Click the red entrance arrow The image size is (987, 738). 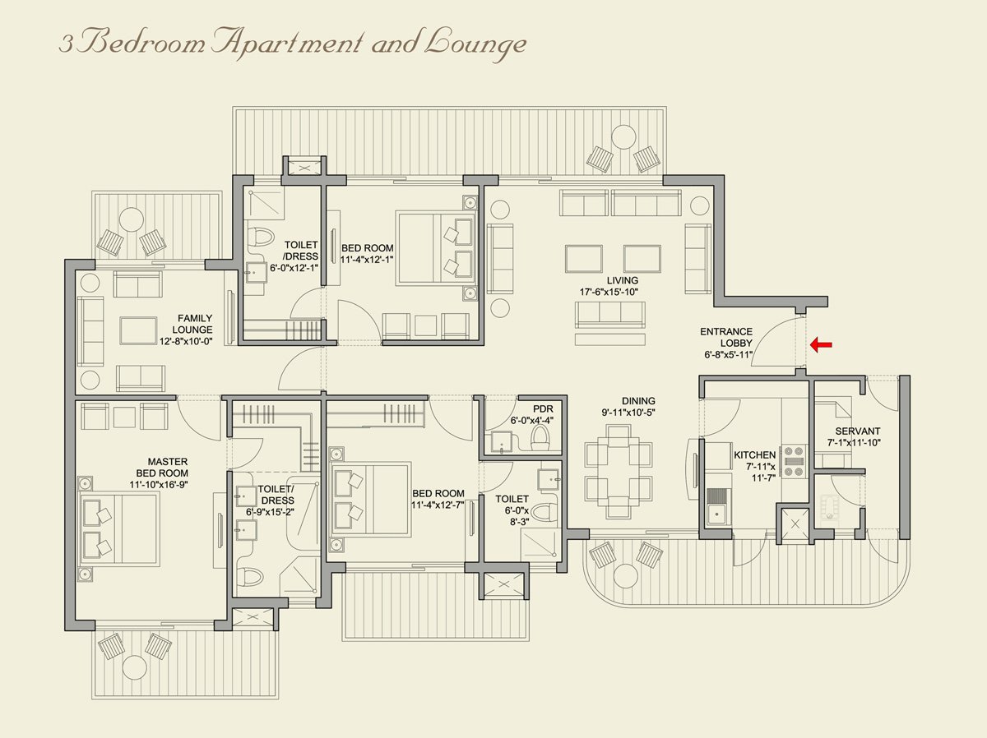pos(821,344)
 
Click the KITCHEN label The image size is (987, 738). pos(754,454)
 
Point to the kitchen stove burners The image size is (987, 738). pos(793,461)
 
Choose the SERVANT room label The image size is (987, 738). pos(858,431)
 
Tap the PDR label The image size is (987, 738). pos(543,408)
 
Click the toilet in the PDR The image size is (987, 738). pos(540,438)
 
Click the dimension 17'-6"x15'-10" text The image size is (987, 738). pos(610,292)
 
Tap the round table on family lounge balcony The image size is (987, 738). pos(132,219)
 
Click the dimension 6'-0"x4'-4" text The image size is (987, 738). pos(532,419)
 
